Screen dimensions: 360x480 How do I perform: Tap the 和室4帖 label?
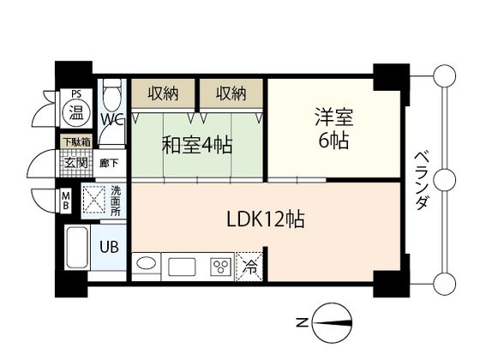pos(196,145)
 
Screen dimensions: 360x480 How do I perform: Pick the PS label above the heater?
pos(76,94)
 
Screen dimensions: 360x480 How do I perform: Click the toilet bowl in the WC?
pos(111,93)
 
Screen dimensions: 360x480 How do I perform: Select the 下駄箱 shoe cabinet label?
pos(71,141)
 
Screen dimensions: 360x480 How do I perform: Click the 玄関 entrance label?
pos(71,160)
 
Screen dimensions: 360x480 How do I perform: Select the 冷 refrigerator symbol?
pos(249,266)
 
